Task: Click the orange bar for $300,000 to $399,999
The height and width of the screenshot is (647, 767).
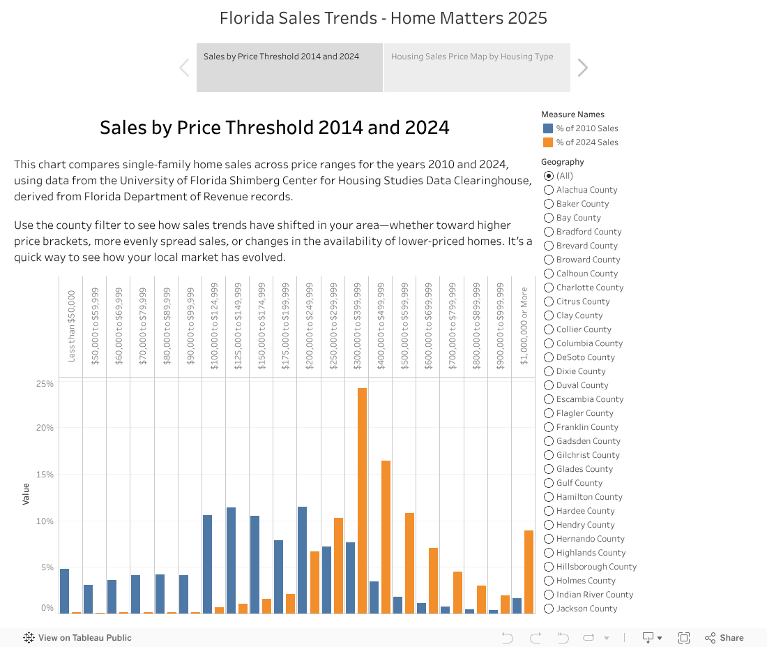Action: click(362, 500)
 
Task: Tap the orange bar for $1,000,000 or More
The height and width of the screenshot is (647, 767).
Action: click(529, 572)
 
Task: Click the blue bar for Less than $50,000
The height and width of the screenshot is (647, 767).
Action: click(65, 590)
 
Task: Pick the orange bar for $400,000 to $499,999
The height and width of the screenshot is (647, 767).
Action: click(386, 537)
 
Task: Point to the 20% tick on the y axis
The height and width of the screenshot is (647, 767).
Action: click(45, 428)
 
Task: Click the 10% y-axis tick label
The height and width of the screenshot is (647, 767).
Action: click(45, 521)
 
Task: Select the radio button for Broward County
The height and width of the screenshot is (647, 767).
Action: click(549, 260)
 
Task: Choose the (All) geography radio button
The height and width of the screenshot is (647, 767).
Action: click(549, 176)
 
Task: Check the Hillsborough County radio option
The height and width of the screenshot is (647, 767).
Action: click(549, 567)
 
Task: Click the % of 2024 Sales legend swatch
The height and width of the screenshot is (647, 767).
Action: click(548, 142)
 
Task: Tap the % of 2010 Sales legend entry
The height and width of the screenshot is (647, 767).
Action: click(586, 128)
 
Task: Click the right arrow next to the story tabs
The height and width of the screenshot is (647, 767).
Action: click(583, 68)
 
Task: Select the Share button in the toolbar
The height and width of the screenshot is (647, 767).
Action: click(724, 637)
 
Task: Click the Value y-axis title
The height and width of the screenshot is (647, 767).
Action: click(26, 494)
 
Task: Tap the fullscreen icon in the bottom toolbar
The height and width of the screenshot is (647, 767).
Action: click(684, 637)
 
